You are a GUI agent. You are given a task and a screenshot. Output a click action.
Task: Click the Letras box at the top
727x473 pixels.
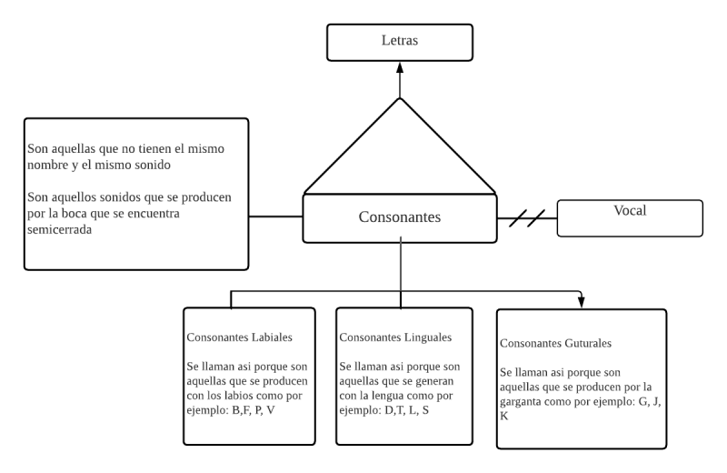(x=400, y=42)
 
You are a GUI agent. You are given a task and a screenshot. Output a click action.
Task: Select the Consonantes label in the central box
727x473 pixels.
(x=399, y=217)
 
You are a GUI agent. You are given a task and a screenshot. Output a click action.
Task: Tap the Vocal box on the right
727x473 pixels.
(x=629, y=210)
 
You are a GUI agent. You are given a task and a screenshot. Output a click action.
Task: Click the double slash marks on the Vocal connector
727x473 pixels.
(x=527, y=218)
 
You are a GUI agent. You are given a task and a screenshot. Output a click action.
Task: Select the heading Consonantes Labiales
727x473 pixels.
(x=239, y=337)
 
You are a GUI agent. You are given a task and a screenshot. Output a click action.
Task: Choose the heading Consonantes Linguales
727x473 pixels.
(x=395, y=337)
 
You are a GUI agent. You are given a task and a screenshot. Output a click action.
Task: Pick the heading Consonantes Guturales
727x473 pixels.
(x=556, y=344)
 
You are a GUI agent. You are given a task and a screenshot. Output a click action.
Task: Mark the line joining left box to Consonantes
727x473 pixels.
(x=275, y=216)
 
